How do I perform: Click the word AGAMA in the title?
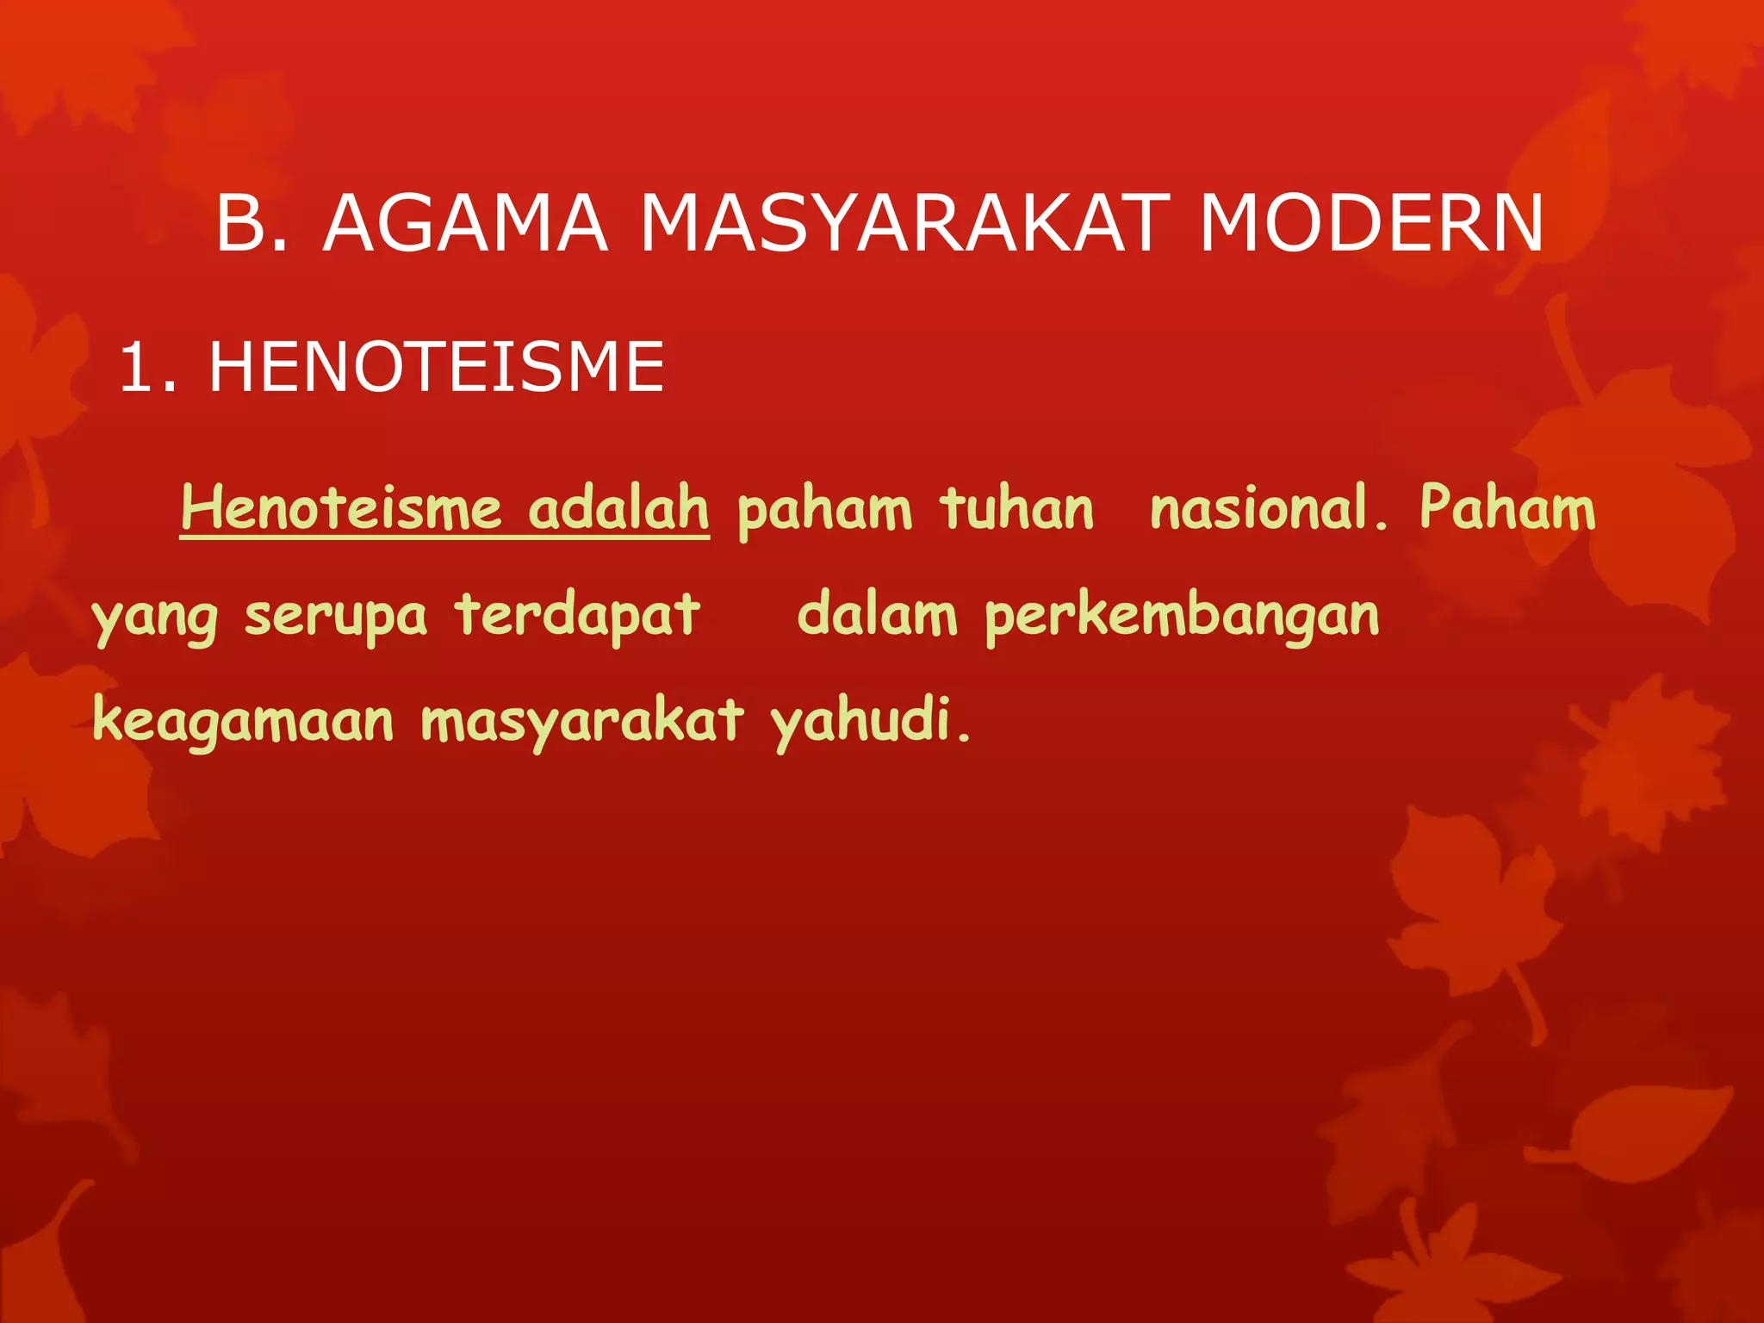[x=465, y=224]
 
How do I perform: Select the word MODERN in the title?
[x=1371, y=224]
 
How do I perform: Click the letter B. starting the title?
[x=252, y=224]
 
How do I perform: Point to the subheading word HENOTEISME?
[x=437, y=368]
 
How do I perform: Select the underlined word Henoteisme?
[x=341, y=508]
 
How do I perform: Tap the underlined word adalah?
[x=618, y=508]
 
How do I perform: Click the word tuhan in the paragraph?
[x=1016, y=508]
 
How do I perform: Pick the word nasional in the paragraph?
[x=1266, y=508]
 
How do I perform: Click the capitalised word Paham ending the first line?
[x=1507, y=508]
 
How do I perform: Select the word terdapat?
[x=577, y=615]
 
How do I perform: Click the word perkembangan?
[x=1182, y=617]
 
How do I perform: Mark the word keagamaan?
[x=243, y=722]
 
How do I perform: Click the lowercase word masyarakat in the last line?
[x=582, y=722]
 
